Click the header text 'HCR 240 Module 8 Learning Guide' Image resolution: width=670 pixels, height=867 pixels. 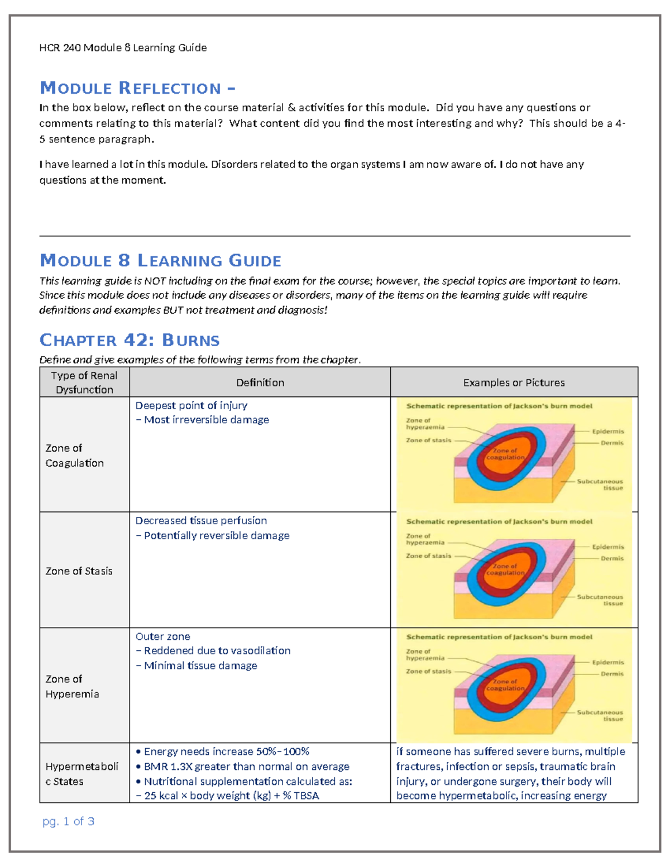(x=123, y=48)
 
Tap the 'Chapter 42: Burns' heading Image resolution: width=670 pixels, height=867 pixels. (x=130, y=340)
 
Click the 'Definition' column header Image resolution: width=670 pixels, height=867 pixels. (x=260, y=382)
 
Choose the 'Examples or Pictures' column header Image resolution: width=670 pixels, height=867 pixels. (x=514, y=382)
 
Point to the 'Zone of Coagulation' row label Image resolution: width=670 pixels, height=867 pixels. (x=75, y=456)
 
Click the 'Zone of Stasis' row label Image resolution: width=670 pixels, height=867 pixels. (x=79, y=571)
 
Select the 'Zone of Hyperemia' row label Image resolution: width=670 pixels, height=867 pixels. (x=73, y=686)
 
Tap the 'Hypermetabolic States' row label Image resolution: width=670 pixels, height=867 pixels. (x=82, y=774)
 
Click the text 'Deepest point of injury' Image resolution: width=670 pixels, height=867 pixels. (x=192, y=405)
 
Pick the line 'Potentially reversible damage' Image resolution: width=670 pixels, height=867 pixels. (x=217, y=535)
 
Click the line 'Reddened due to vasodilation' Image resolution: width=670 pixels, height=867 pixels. (x=217, y=650)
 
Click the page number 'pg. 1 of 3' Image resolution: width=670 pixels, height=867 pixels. (x=68, y=821)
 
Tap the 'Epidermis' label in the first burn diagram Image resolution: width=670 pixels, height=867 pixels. (x=608, y=432)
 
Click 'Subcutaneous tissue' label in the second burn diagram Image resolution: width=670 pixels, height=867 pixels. (x=600, y=600)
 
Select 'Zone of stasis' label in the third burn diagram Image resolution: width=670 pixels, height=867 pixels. (x=428, y=672)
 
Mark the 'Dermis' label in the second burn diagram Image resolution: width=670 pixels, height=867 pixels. (x=612, y=558)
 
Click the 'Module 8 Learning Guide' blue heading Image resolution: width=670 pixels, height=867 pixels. (x=160, y=261)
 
